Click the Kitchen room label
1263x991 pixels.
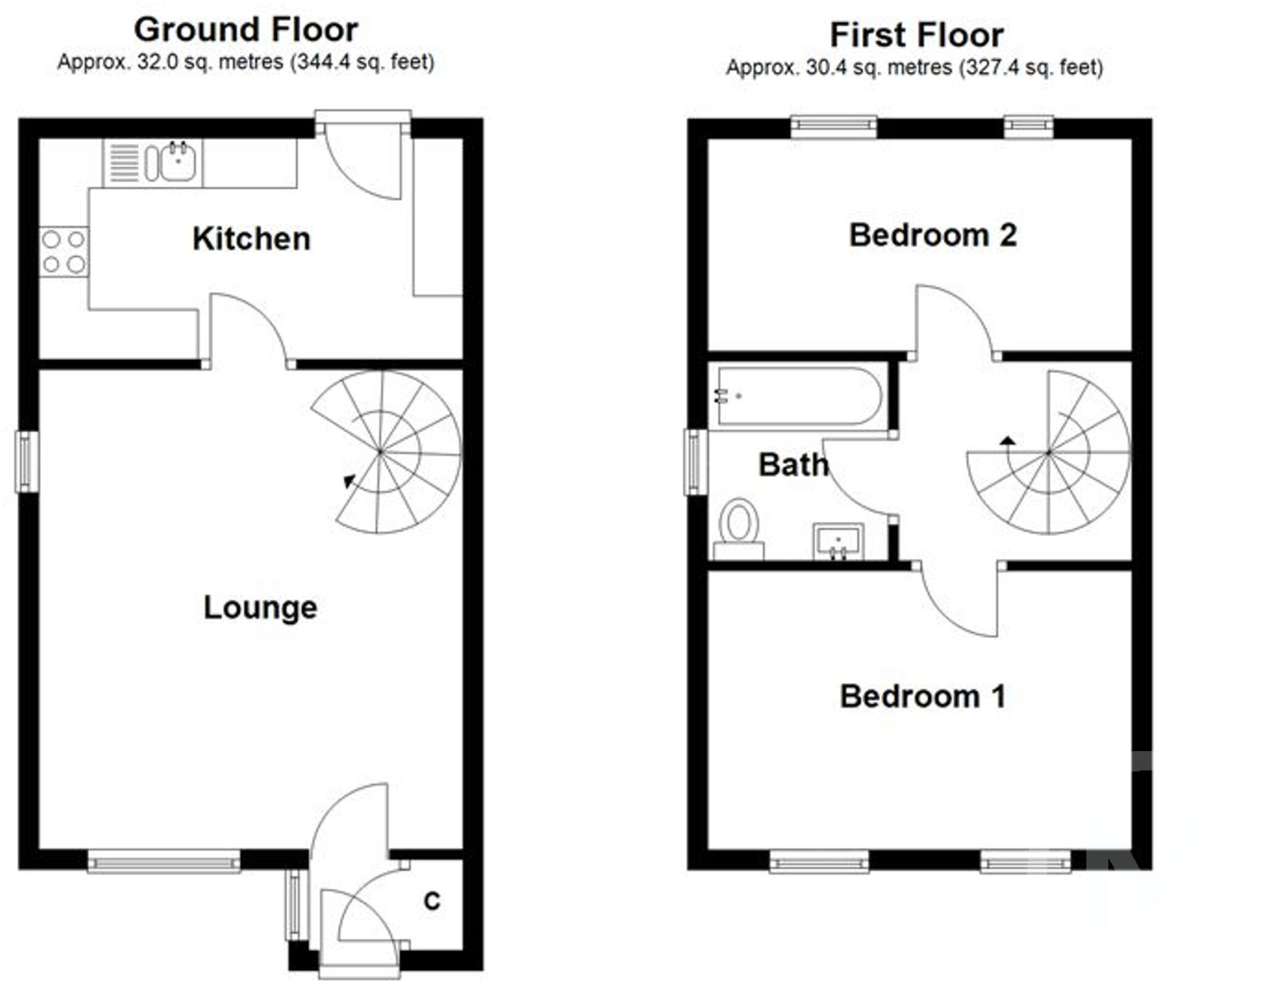[x=251, y=239]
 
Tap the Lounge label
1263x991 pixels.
[x=260, y=608]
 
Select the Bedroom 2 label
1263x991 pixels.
[x=932, y=235]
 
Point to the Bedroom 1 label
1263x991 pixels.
[x=923, y=696]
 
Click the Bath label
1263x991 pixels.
[x=793, y=464]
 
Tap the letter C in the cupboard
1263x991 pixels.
[x=432, y=901]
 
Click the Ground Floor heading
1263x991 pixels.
[x=246, y=30]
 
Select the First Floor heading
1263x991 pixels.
[x=916, y=35]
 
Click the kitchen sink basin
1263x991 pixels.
[x=178, y=162]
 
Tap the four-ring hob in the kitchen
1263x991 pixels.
[x=64, y=252]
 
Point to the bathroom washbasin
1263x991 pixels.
[x=838, y=541]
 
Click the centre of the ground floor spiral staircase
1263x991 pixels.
[x=381, y=452]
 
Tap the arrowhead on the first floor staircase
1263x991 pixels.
[x=1008, y=440]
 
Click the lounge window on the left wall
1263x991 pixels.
[x=27, y=461]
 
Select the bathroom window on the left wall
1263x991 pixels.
[x=696, y=462]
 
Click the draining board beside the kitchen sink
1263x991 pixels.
[x=125, y=163]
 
